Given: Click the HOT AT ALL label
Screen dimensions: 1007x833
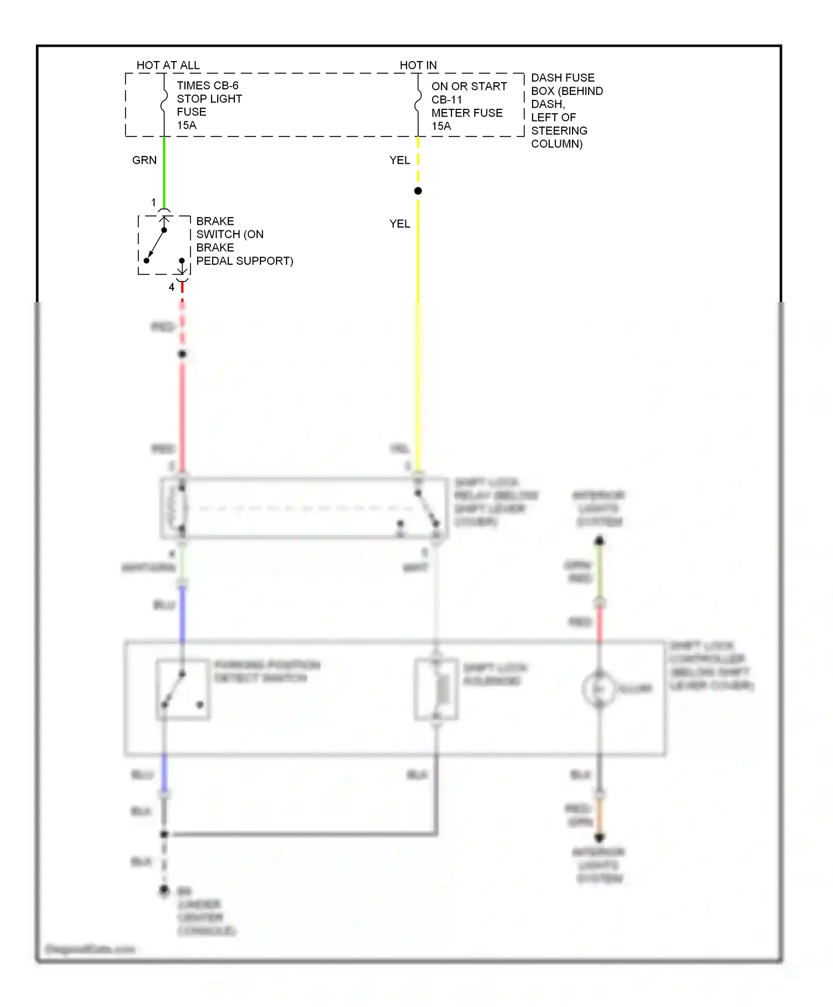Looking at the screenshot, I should click(x=168, y=66).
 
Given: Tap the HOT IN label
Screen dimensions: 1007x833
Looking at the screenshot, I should click(x=418, y=66).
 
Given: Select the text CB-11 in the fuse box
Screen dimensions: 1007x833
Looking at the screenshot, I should click(x=446, y=100).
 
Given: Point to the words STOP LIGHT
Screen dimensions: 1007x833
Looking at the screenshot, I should click(x=209, y=99).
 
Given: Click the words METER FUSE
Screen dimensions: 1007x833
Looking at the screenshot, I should click(x=466, y=113).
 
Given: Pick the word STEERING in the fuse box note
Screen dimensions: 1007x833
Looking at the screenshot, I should click(x=559, y=131).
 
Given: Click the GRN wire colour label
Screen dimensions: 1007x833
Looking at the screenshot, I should click(x=144, y=160).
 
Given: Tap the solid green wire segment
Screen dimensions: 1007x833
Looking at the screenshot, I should click(x=164, y=172).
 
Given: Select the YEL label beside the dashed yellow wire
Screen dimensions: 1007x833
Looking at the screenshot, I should click(x=400, y=160).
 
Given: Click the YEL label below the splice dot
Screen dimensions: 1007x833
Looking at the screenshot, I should click(x=400, y=224).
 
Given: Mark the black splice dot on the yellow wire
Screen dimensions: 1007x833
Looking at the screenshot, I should click(x=418, y=191).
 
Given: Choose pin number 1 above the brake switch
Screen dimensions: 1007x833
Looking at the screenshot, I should click(x=154, y=203).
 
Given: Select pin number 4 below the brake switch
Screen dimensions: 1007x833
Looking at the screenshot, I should click(x=172, y=288).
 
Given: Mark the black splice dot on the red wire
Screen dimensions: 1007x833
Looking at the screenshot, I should click(x=182, y=354).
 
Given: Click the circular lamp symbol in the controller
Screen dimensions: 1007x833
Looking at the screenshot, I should click(x=599, y=689).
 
